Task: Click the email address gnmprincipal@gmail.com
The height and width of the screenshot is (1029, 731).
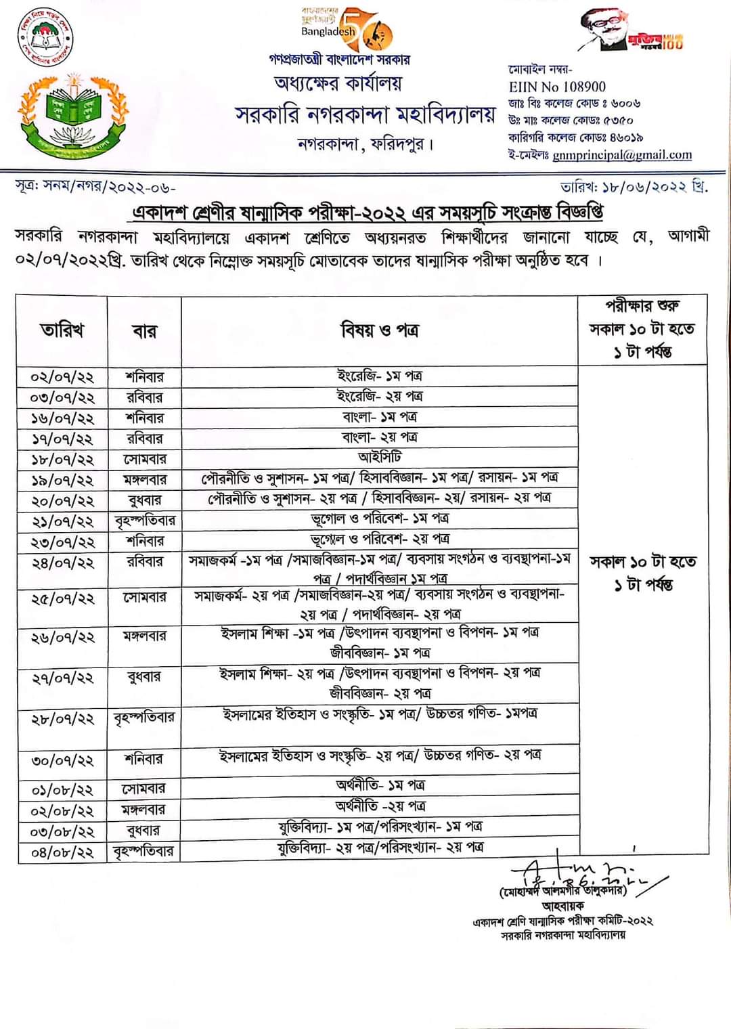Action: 622,155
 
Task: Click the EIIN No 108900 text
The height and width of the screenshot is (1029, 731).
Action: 557,87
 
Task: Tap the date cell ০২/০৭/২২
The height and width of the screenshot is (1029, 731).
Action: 62,377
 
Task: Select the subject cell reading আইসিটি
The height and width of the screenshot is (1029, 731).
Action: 379,458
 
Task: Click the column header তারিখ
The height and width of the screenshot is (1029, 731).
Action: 62,330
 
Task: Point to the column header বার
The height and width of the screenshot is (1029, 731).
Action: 144,331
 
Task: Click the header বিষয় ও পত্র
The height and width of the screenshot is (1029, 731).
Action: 379,330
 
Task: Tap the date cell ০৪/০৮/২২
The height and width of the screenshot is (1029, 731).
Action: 62,852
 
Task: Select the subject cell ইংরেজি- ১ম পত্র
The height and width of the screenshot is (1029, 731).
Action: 379,376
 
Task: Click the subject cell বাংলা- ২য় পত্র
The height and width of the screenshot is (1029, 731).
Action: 379,437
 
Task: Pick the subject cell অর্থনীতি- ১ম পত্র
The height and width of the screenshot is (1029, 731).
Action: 379,785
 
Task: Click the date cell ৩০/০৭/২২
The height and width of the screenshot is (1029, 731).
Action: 62,760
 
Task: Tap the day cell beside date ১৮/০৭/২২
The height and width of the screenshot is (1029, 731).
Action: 144,459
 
